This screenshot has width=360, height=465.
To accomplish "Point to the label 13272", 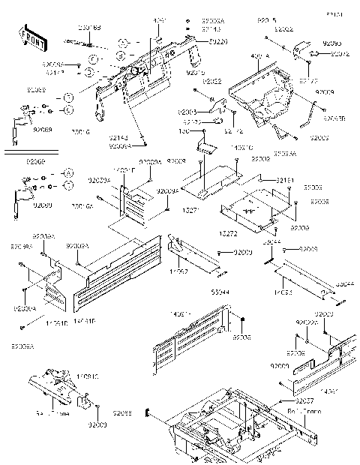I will (228, 234).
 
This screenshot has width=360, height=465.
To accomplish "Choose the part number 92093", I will (331, 44).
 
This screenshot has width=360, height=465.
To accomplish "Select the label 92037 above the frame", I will (295, 402).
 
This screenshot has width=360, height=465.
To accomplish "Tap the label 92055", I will (123, 413).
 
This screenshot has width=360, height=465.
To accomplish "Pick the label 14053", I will (283, 291).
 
